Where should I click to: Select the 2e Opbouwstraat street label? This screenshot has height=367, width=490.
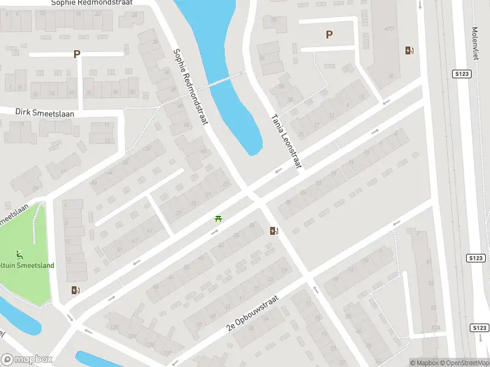[252, 313]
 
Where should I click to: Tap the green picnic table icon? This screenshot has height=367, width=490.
[217, 218]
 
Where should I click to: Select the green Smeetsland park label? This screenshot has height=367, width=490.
[28, 265]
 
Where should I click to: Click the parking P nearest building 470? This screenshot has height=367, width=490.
[330, 35]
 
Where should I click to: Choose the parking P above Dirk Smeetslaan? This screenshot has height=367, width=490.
[77, 54]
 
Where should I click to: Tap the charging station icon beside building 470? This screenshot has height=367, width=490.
[409, 51]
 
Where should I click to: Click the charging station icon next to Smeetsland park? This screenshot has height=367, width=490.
[75, 290]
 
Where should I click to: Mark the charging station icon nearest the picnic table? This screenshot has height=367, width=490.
[274, 231]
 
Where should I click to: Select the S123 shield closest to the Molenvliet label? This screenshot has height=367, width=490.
[462, 73]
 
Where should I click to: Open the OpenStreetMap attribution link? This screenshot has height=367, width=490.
[464, 363]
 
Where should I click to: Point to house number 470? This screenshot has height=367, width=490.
[388, 29]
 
